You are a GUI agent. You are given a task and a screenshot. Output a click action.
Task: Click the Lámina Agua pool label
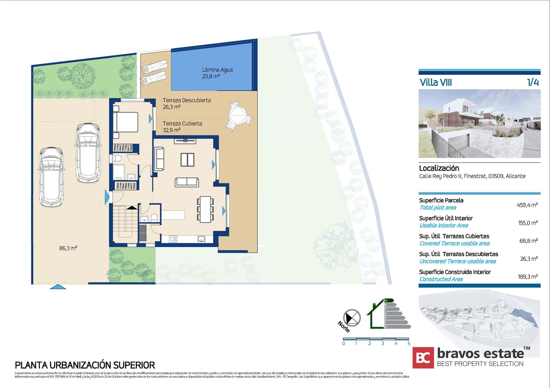point(217,73)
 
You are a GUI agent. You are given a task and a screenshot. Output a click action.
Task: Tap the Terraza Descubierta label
point(186,104)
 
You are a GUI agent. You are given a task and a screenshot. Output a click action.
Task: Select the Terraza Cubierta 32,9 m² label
point(182,127)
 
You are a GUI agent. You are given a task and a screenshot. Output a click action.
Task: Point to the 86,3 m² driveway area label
point(68,248)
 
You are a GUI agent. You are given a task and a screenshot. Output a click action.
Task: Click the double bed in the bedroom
point(125,122)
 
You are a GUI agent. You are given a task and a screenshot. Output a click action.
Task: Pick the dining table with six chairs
point(205,209)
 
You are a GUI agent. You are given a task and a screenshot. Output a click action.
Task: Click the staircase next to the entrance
point(125,222)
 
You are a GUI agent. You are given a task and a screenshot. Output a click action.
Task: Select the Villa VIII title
point(436,83)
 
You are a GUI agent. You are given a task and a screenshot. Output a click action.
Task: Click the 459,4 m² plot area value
point(527,205)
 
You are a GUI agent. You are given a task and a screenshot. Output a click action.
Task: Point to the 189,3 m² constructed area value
point(528,277)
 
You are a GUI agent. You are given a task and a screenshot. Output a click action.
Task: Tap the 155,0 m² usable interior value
point(528,223)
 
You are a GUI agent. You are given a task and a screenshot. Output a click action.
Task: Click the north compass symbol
point(352,318)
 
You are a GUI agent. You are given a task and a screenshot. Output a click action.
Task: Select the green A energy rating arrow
point(389,301)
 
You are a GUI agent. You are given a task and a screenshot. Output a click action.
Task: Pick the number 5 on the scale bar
point(409,343)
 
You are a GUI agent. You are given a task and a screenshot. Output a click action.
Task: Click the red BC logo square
point(423,358)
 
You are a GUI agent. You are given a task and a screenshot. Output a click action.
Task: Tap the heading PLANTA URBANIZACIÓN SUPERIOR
point(85,365)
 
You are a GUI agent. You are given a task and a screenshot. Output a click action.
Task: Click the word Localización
point(439,168)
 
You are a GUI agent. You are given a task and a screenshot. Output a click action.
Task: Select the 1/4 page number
point(533,82)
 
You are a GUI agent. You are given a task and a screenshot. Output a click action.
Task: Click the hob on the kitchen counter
point(173,239)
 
